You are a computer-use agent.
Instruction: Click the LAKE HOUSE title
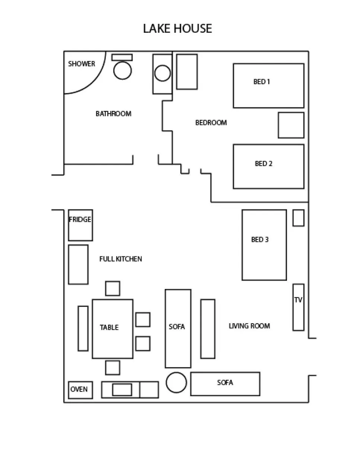pos(177,29)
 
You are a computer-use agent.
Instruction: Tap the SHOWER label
pos(81,64)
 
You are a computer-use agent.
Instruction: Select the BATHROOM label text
pos(113,114)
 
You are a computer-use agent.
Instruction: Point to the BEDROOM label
pos(211,123)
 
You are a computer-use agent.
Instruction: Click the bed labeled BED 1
pos(268,86)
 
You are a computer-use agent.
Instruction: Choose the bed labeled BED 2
pos(268,166)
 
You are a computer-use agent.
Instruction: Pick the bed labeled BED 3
pos(264,245)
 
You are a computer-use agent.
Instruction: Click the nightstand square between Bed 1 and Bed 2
pos(291,125)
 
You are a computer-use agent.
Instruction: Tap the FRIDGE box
pos(80,225)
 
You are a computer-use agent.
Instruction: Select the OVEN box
pos(80,390)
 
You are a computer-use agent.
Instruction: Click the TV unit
pos(298,307)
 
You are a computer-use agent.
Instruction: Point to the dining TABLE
pos(112,328)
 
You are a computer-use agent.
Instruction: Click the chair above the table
pos(112,288)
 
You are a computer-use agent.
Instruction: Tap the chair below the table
pos(112,368)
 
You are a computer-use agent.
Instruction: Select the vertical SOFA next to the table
pos(178,328)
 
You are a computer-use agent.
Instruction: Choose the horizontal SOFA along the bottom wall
pos(225,384)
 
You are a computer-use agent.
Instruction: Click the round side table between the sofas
pos(176,382)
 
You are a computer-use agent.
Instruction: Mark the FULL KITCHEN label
pos(120,259)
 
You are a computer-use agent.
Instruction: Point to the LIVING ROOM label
pos(249,326)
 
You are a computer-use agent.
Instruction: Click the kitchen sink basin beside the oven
pos(122,390)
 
